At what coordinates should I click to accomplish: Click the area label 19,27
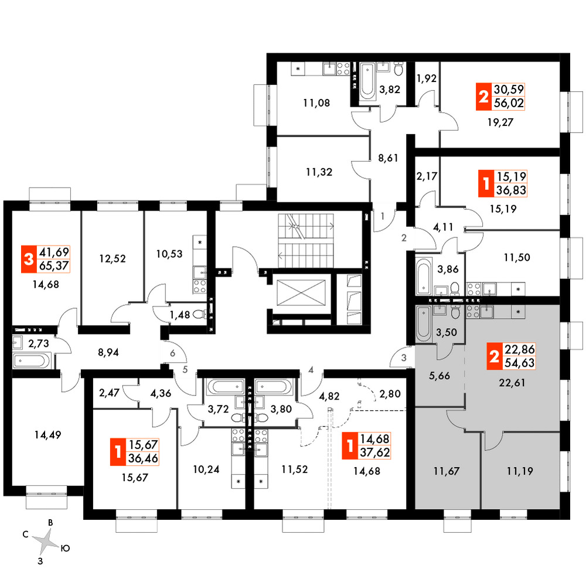click(x=500, y=122)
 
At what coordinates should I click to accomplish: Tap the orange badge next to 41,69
click(x=29, y=258)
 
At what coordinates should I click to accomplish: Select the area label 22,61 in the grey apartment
click(x=512, y=383)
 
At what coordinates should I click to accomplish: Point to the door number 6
click(x=172, y=353)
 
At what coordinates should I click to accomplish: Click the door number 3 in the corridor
click(x=404, y=357)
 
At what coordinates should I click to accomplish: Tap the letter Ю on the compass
click(x=65, y=548)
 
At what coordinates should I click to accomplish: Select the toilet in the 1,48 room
click(x=200, y=315)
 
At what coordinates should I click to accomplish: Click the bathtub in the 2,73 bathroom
click(x=31, y=361)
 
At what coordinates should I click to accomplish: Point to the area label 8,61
click(x=388, y=158)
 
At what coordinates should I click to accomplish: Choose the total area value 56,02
click(x=509, y=103)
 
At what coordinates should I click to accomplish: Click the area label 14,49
click(x=47, y=435)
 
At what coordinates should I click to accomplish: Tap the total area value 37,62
click(x=375, y=452)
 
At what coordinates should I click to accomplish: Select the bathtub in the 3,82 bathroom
click(x=367, y=81)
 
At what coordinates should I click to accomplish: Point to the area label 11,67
click(x=447, y=471)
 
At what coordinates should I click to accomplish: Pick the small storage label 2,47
click(x=109, y=393)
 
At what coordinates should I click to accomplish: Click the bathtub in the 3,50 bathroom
click(x=424, y=324)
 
